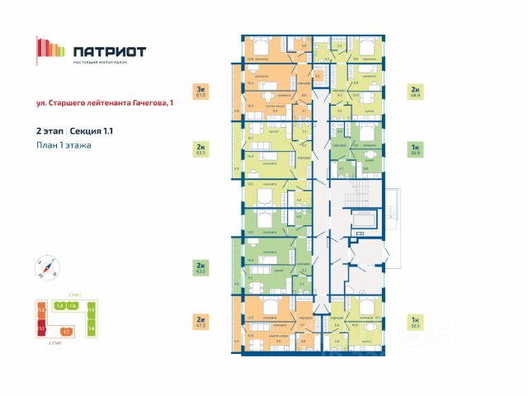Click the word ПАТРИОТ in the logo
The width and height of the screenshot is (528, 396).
pyautogui.click(x=110, y=51)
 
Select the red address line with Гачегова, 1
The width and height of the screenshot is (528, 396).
pyautogui.click(x=106, y=103)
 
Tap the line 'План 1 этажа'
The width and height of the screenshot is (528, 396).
pyautogui.click(x=64, y=145)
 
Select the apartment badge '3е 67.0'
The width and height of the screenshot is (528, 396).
pyautogui.click(x=199, y=92)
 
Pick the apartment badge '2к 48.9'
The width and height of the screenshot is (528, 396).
pyautogui.click(x=414, y=92)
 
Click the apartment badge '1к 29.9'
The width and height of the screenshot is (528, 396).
pyautogui.click(x=414, y=150)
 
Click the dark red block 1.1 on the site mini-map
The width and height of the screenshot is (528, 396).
pyautogui.click(x=40, y=328)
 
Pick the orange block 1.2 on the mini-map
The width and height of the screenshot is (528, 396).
pyautogui.click(x=40, y=310)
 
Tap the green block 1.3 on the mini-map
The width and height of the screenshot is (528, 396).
pyautogui.click(x=59, y=306)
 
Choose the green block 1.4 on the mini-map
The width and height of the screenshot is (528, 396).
pyautogui.click(x=73, y=306)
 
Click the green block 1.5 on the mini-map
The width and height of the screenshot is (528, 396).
pyautogui.click(x=92, y=310)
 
